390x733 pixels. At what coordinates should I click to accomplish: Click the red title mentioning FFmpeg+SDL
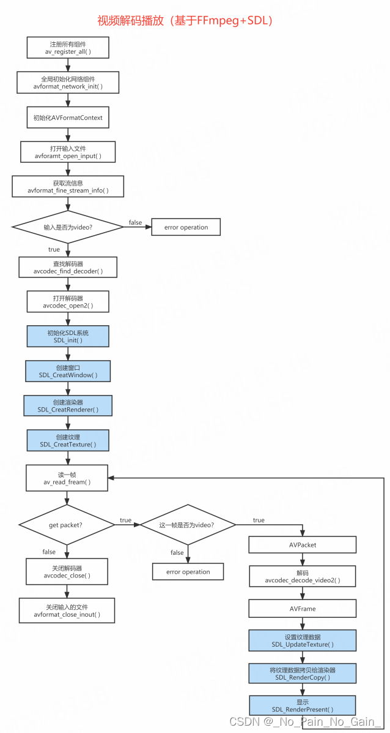(185, 20)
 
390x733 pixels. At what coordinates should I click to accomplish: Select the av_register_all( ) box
(68, 48)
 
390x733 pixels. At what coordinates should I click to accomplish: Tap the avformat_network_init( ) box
(68, 83)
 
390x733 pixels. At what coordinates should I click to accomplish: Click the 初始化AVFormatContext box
(68, 118)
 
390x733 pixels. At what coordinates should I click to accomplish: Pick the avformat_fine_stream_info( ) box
(68, 187)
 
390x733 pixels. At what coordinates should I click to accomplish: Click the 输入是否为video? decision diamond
(68, 227)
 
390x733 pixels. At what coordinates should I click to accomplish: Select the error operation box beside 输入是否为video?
(186, 227)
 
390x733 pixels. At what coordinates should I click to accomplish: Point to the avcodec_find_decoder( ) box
(68, 266)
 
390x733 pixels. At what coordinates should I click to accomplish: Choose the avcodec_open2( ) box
(68, 301)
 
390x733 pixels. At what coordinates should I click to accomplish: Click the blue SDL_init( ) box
(68, 336)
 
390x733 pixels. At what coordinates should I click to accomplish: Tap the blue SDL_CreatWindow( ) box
(68, 370)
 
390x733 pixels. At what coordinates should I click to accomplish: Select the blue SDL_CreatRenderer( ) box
(68, 405)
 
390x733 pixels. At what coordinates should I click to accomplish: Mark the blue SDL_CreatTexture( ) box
(68, 440)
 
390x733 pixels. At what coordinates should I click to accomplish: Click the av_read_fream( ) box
(67, 478)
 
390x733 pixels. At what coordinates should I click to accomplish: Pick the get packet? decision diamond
(67, 525)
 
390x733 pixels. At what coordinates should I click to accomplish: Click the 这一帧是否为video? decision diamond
(188, 525)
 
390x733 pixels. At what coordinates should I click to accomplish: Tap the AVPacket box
(303, 545)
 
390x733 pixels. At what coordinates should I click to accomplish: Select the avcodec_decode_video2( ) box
(303, 576)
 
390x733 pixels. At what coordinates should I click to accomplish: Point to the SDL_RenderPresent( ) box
(303, 705)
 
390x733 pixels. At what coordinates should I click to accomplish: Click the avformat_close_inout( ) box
(67, 611)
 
